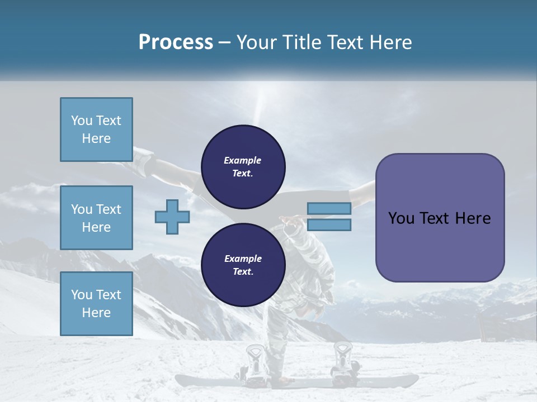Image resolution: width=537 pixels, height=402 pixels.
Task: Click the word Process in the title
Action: tap(176, 42)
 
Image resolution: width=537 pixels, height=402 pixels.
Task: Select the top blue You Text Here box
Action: tap(96, 130)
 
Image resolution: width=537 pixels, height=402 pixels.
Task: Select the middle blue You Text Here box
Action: tap(96, 218)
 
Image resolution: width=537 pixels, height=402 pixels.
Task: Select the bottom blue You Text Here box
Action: tap(96, 304)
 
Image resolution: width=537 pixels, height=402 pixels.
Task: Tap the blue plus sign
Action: tap(172, 217)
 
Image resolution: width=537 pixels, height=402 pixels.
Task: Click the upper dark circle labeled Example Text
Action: tap(243, 166)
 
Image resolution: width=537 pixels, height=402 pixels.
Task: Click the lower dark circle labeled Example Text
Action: tap(243, 265)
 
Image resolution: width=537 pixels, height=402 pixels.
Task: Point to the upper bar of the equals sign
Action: tap(329, 208)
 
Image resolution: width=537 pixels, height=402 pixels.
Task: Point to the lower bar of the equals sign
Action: tap(329, 225)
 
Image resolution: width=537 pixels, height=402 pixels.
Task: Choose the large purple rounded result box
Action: tap(440, 218)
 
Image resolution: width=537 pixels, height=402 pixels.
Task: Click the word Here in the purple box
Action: tap(473, 218)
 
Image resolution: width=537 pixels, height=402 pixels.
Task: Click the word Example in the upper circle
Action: tap(242, 160)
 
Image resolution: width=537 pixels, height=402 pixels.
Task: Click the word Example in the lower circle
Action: tap(243, 259)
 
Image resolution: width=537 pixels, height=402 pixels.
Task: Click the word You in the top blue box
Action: tap(82, 121)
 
